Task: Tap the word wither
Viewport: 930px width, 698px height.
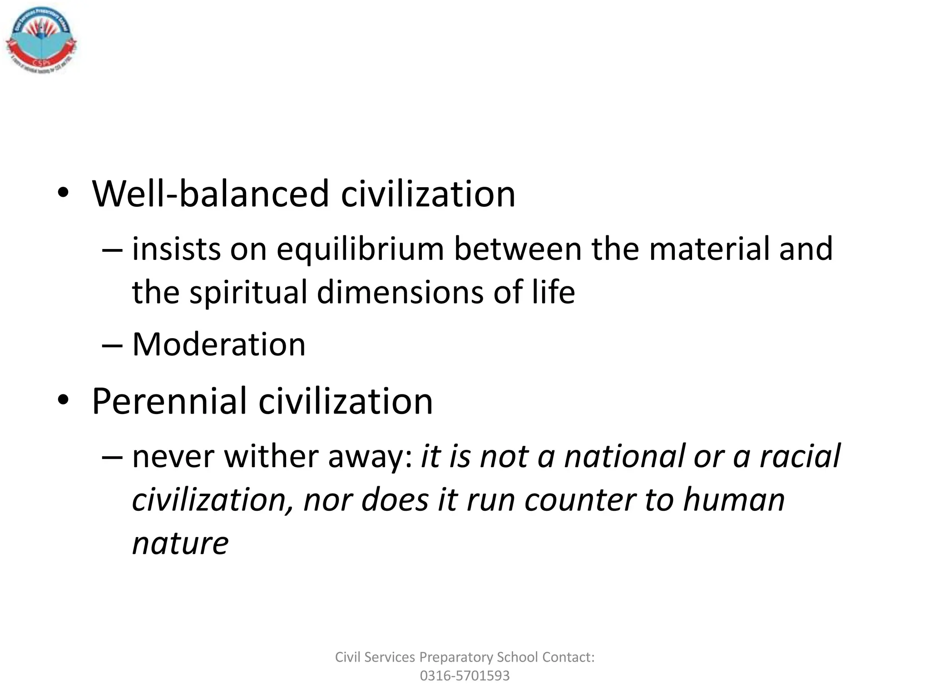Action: (x=272, y=456)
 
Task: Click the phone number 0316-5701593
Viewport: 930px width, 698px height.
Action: (x=465, y=676)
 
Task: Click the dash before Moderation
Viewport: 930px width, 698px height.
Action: (x=112, y=345)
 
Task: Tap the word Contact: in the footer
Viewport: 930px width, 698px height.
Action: (x=568, y=657)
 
